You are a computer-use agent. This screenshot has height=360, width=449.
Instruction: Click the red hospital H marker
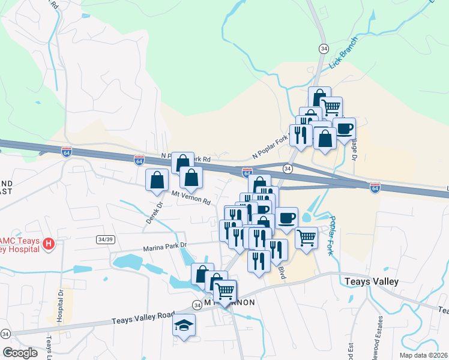(x=50, y=245)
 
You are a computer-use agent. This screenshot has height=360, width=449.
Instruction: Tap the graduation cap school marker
(x=184, y=325)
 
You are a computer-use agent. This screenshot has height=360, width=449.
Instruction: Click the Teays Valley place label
(x=372, y=281)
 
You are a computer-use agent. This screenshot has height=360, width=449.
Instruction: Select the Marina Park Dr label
(x=165, y=246)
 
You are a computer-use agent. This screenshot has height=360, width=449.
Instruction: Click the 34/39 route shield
(x=105, y=239)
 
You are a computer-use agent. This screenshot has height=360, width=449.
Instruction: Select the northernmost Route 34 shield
(x=324, y=48)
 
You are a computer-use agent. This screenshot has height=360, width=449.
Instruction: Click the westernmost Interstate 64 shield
(x=67, y=152)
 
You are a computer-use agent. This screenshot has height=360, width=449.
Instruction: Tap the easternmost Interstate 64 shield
(x=375, y=188)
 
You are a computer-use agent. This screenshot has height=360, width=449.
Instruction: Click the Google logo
(x=20, y=352)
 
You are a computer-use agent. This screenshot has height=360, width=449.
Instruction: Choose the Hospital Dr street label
(x=60, y=306)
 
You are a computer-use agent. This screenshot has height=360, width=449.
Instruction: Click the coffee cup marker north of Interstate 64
(x=344, y=128)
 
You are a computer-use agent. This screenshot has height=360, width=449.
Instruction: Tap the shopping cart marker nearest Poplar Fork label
(x=306, y=238)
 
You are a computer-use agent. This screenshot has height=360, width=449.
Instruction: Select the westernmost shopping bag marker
(x=157, y=179)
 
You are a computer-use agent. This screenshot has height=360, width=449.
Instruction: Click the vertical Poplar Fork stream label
(x=332, y=235)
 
